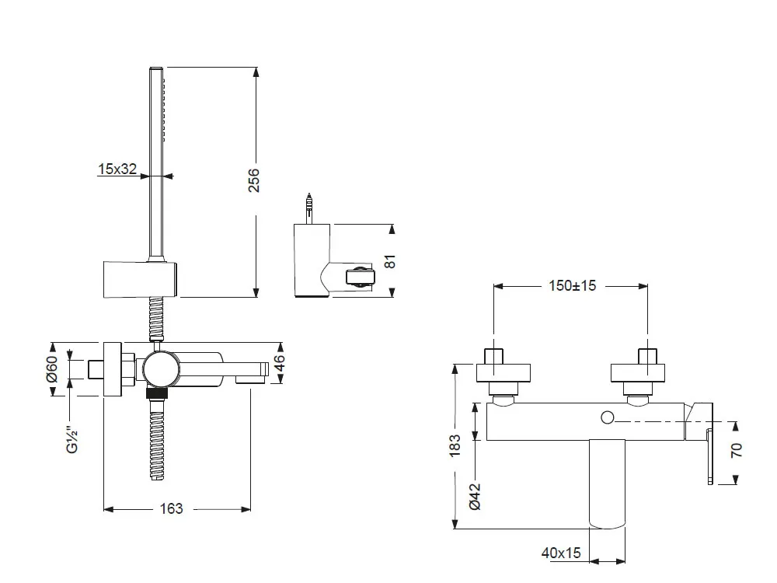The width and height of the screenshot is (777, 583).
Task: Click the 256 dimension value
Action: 253,181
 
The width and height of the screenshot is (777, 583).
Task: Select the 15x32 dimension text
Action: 117,169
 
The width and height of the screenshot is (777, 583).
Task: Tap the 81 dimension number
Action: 392,261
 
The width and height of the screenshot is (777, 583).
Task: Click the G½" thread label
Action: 72,438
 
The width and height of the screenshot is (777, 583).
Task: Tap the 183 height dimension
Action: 455,448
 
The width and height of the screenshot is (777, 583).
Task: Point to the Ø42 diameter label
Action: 476,496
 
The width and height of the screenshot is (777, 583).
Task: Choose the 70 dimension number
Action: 737,449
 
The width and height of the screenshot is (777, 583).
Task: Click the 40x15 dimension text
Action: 561,553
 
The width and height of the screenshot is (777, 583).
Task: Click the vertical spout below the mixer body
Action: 608,482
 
